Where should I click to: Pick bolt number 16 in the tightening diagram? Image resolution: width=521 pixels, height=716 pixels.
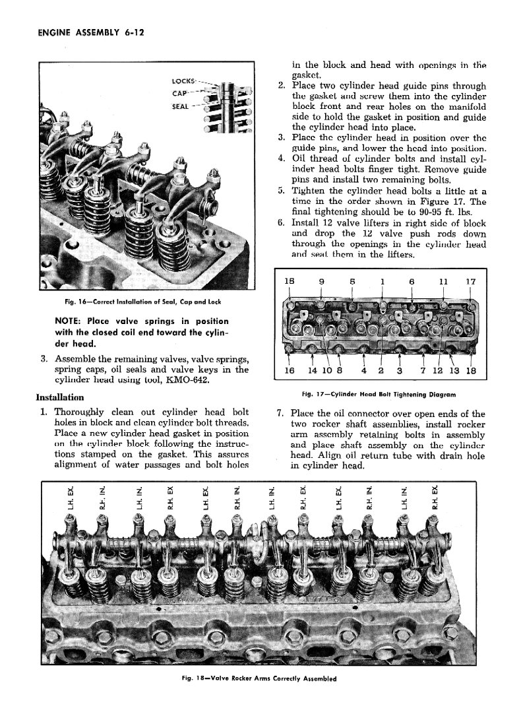(289, 372)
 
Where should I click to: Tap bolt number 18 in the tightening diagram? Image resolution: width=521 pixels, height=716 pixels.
(470, 372)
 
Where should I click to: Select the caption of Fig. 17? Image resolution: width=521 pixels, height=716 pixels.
(379, 395)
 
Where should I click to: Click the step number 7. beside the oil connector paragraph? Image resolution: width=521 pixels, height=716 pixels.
(280, 414)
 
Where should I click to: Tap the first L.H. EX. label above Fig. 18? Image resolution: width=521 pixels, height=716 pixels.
(70, 498)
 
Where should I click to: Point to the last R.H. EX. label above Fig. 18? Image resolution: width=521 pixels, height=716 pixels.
(434, 498)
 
